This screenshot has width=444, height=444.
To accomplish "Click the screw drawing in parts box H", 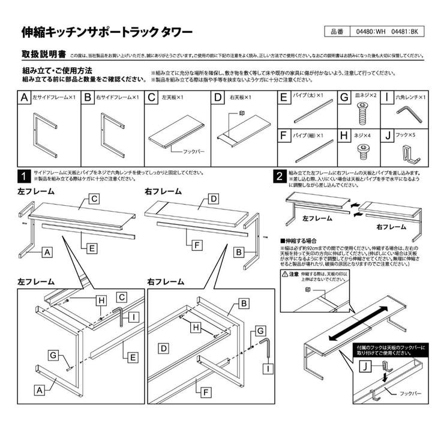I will [x=362, y=148].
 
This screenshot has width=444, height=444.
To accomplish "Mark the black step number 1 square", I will [x=23, y=176].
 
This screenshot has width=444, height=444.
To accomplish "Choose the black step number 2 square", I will [x=279, y=176].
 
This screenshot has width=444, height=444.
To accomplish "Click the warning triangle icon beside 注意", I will [x=285, y=274].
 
